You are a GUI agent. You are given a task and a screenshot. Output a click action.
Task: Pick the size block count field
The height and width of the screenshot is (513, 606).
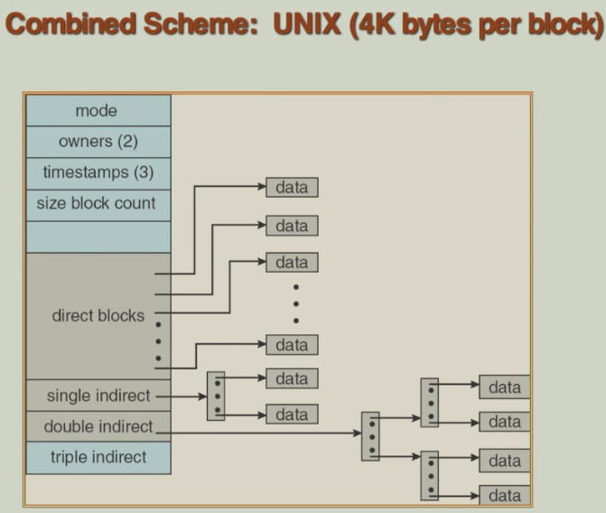click(97, 203)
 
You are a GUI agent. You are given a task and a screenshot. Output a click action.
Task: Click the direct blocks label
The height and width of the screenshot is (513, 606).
click(98, 317)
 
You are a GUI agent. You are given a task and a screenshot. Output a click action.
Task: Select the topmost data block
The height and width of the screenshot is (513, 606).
click(292, 188)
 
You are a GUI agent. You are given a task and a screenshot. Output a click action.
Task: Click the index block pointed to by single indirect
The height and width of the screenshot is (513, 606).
click(216, 396)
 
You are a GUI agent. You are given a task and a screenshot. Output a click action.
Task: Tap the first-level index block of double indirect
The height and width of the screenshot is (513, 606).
click(370, 436)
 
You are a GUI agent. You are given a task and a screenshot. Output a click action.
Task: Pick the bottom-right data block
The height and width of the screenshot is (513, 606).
click(504, 495)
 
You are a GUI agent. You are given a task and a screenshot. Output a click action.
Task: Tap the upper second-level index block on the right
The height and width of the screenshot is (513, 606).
click(430, 402)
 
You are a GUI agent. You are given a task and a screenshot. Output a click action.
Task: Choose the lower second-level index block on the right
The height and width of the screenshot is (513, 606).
click(430, 475)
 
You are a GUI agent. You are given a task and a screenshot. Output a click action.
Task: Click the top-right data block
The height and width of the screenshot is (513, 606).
click(504, 387)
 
